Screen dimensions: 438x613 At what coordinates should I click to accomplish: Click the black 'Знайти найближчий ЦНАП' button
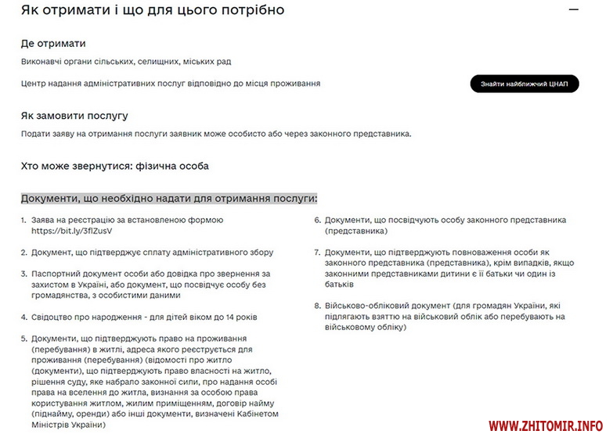point(525,84)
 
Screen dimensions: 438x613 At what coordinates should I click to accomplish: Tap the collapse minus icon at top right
point(574,11)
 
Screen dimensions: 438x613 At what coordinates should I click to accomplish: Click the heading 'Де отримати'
point(53,44)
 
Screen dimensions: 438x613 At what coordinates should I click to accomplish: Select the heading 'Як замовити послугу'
point(74,116)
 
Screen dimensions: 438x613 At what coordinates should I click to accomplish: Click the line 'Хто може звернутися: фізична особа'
point(115,166)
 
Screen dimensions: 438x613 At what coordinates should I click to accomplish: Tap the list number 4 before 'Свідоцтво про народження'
point(23,318)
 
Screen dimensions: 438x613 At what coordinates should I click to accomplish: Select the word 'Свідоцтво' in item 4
point(52,318)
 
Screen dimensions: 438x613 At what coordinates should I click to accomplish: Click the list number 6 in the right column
point(317,221)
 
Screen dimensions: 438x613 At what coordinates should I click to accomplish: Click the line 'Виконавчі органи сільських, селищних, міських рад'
point(126,62)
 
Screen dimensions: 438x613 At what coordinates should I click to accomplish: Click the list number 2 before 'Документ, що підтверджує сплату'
point(23,253)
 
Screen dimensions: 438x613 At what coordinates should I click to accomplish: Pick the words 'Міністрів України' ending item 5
point(68,425)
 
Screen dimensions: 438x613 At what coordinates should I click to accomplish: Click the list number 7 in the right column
point(317,253)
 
